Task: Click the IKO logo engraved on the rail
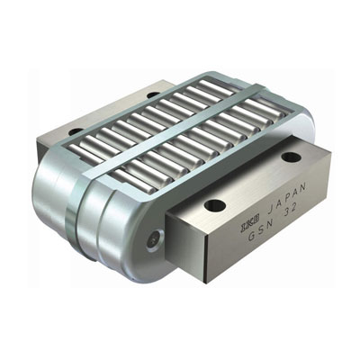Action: (x=250, y=227)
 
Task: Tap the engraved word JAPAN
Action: (x=286, y=199)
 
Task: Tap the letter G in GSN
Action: (x=251, y=236)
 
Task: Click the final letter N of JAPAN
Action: (x=303, y=186)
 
